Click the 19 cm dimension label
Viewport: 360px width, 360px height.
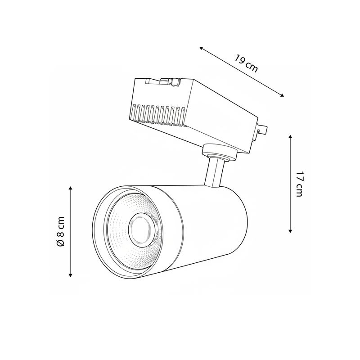coord(246,63)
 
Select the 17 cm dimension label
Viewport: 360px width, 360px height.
coord(299,184)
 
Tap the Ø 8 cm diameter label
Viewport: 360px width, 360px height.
coord(61,231)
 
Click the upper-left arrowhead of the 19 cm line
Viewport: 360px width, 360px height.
coord(201,48)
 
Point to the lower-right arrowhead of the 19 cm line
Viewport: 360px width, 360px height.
coord(282,95)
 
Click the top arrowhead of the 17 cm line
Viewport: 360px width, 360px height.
coord(290,137)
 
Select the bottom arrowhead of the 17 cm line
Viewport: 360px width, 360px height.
coord(290,231)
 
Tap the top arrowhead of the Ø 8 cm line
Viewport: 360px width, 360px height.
coord(71,189)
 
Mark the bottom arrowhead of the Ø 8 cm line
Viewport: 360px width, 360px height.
coord(71,275)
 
